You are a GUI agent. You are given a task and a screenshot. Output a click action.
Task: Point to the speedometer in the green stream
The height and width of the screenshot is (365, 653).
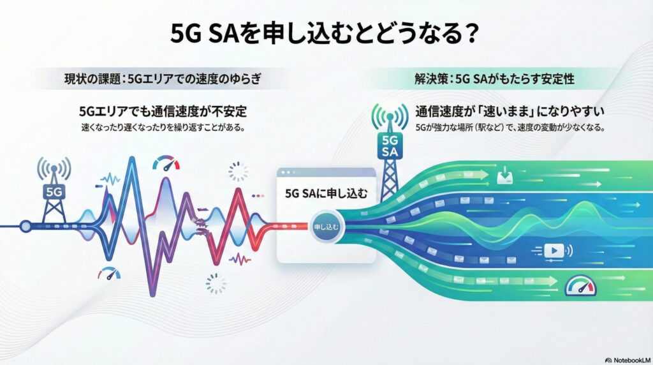[581, 285]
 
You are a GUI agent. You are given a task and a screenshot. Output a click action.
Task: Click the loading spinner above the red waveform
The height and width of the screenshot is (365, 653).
[237, 170]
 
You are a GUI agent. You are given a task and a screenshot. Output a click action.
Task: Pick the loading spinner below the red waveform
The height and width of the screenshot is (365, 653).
[217, 283]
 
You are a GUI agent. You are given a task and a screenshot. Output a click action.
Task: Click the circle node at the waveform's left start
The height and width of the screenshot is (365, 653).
[26, 225]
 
